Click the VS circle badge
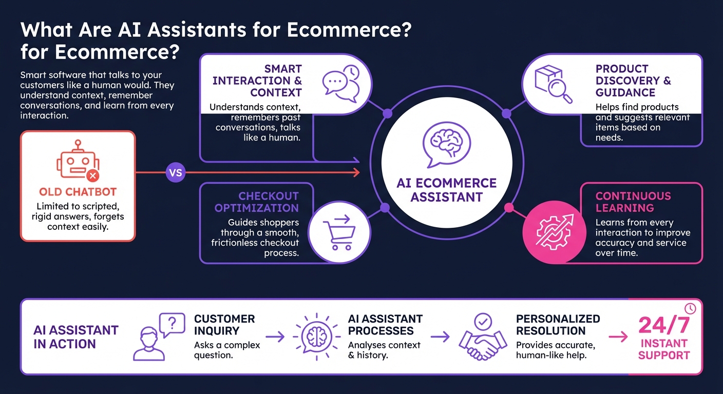176,173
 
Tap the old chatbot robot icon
78,162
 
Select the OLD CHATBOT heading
78,192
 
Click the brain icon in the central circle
446,146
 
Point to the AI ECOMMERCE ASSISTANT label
446,190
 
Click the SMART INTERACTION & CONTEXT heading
258,81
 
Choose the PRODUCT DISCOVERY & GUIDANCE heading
633,81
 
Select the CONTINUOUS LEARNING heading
633,202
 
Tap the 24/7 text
664,326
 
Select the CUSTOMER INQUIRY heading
224,325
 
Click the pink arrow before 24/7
618,337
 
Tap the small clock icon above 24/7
690,308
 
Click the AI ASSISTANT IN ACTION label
76,337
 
